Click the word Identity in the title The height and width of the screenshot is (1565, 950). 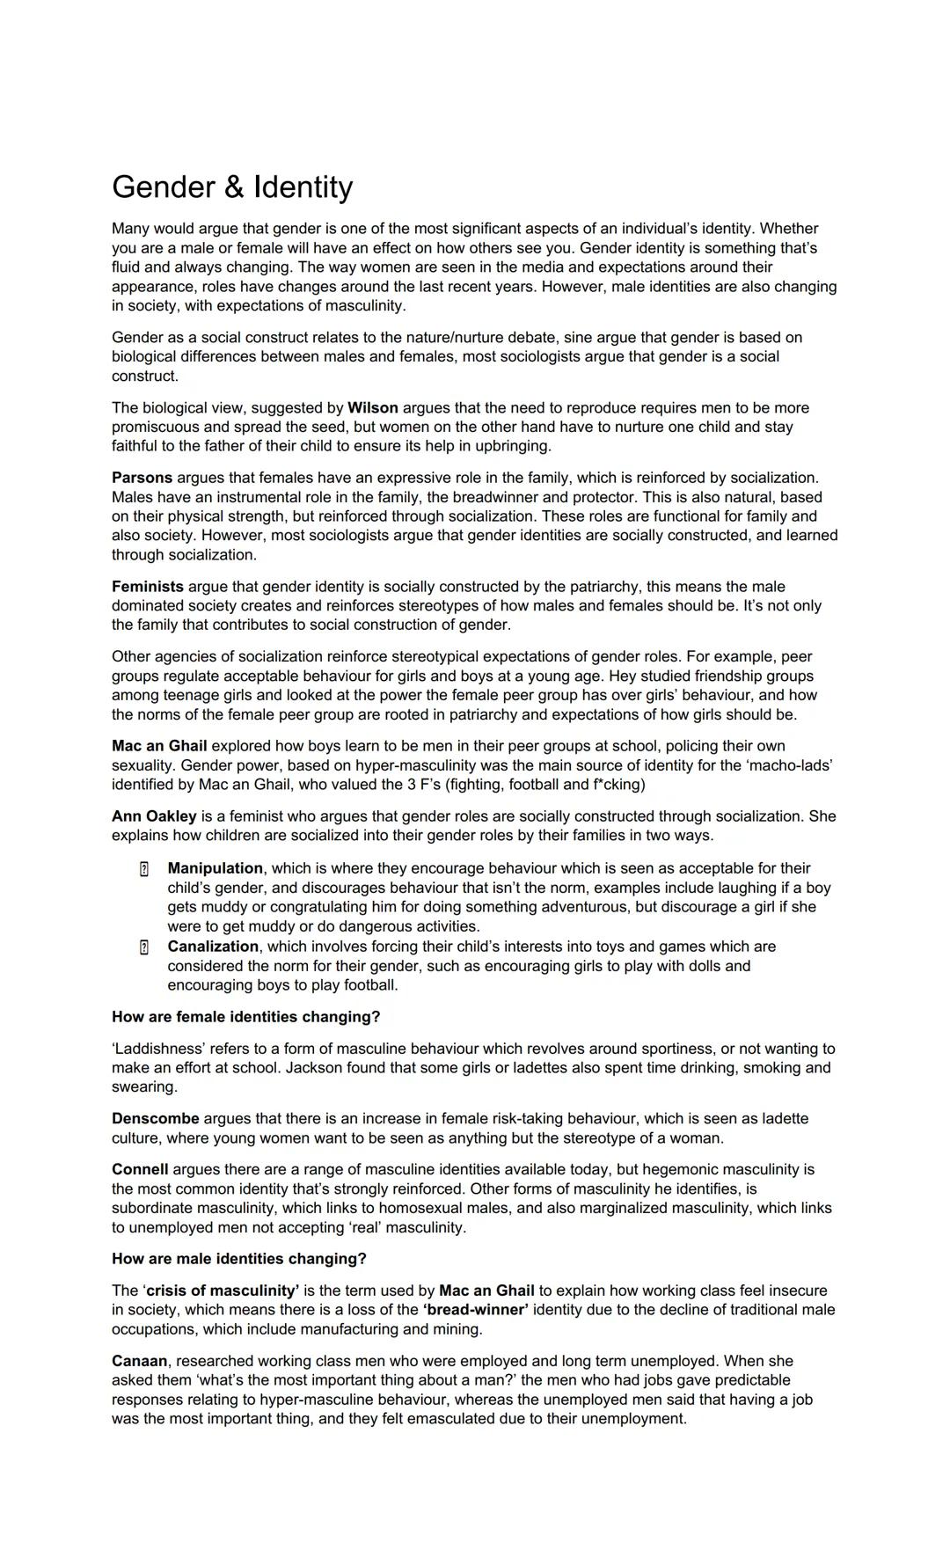(303, 187)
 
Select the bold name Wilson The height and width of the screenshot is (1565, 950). (373, 408)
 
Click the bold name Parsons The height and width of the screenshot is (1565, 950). (142, 478)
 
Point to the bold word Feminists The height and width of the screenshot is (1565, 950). (148, 587)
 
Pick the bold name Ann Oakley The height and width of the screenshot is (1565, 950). (154, 816)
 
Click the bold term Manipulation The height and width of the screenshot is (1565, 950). (215, 868)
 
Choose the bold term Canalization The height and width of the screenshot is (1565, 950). (213, 947)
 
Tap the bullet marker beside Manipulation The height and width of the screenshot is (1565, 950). (143, 869)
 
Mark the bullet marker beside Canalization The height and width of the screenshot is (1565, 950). (143, 947)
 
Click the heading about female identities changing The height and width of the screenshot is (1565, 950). (245, 1017)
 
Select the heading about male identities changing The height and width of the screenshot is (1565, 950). (238, 1259)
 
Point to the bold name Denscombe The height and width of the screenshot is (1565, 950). (155, 1119)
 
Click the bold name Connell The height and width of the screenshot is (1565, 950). (140, 1170)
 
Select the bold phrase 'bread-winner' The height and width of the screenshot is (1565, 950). (475, 1310)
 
